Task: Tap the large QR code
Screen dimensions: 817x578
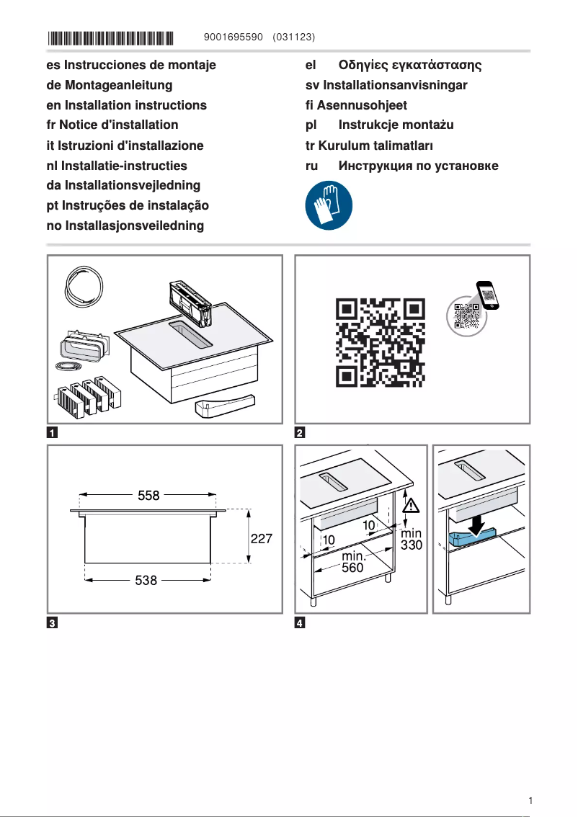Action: (x=381, y=341)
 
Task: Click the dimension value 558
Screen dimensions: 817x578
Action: (x=149, y=496)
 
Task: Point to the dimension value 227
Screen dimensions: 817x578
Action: (x=261, y=539)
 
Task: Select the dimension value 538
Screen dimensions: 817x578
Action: (x=147, y=579)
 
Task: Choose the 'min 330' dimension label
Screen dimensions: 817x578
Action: (x=411, y=540)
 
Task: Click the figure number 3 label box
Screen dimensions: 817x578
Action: (x=53, y=623)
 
